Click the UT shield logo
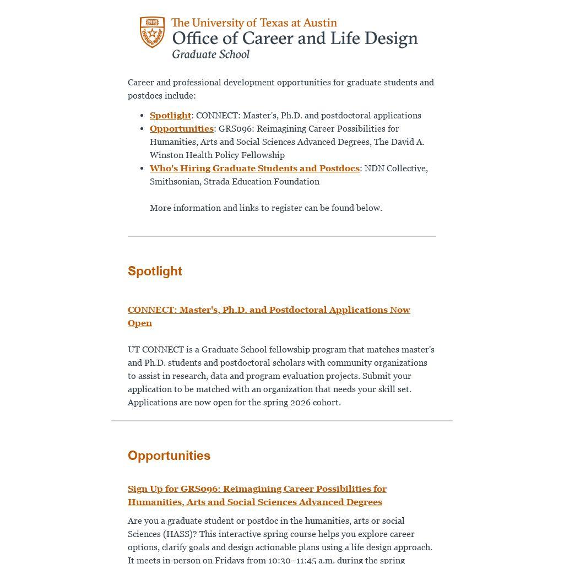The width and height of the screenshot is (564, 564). (152, 32)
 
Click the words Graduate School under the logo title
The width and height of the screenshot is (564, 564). (210, 54)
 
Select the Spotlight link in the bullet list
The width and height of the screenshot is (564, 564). (170, 115)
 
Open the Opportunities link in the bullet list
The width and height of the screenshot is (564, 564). (181, 128)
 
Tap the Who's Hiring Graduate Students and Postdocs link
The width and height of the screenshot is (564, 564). (254, 168)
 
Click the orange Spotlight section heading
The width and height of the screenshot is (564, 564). (155, 271)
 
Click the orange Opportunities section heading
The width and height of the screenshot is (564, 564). (169, 455)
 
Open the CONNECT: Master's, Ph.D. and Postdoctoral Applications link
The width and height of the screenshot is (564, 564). (269, 310)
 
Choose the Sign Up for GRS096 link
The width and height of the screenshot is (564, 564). (257, 489)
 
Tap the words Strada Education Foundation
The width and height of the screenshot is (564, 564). (262, 181)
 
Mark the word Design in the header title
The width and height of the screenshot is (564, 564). (389, 39)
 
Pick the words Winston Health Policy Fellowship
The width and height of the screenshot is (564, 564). (217, 155)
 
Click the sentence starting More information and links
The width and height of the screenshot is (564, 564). (265, 208)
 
